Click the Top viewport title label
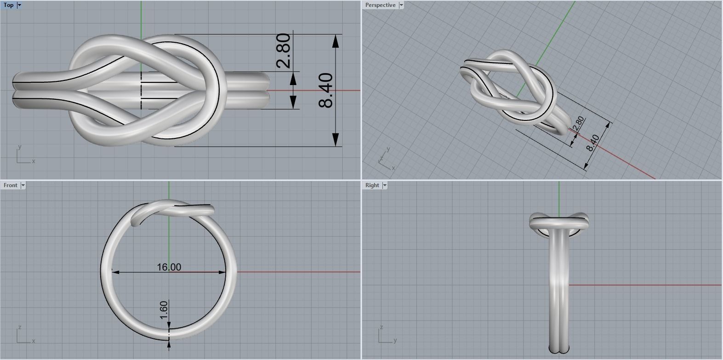[x=9, y=5]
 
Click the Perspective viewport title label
[x=380, y=5]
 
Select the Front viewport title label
[x=10, y=185]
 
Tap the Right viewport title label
[x=372, y=185]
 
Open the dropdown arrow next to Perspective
[x=401, y=5]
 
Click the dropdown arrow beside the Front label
[x=23, y=185]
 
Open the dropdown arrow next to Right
[x=385, y=185]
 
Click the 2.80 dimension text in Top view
[x=284, y=51]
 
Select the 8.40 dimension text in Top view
[x=325, y=90]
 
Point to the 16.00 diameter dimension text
[x=169, y=267]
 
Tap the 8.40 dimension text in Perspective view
[x=593, y=143]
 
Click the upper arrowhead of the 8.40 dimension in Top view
[x=336, y=41]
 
